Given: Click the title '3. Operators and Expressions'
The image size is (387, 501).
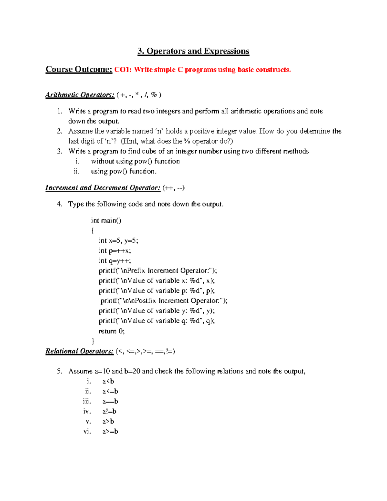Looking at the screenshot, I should [x=193, y=51].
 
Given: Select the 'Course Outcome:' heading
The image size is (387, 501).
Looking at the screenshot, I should [x=79, y=69].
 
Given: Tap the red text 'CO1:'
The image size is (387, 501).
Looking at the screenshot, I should [x=123, y=70].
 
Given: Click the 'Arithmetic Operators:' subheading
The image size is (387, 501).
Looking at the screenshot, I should [x=80, y=95].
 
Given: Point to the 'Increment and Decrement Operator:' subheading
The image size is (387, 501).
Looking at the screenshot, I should [x=103, y=188].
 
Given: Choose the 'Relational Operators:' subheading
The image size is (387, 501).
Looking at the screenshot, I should [x=79, y=351].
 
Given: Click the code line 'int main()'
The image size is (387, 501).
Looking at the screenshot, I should [x=106, y=220].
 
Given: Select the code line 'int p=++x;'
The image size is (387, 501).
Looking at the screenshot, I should [x=115, y=251].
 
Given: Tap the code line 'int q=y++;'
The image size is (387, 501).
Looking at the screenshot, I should [x=115, y=261].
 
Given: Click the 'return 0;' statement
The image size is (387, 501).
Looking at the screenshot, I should [x=112, y=331].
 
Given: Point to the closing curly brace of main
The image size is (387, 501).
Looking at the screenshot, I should [x=93, y=341].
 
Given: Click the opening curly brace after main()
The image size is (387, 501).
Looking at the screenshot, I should [x=93, y=231].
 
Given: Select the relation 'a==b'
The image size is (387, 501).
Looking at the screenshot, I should [x=110, y=401].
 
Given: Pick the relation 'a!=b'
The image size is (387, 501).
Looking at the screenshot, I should [x=109, y=411].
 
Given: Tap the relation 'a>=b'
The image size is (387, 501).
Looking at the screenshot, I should [x=110, y=431].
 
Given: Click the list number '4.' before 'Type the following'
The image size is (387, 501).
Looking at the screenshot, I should [x=59, y=204].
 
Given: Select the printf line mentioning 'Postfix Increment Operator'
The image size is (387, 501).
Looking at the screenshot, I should [x=164, y=301].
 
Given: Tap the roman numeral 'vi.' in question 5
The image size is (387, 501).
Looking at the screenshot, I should [x=87, y=431].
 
